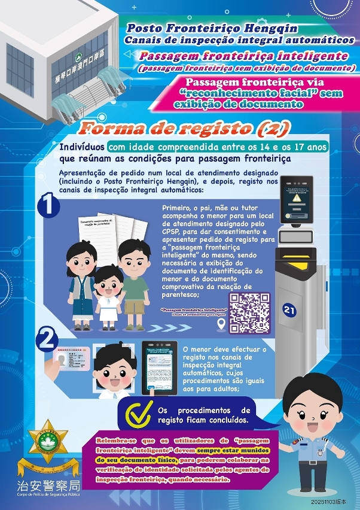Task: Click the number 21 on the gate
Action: (x=290, y=309)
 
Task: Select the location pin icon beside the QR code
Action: (x=221, y=324)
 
